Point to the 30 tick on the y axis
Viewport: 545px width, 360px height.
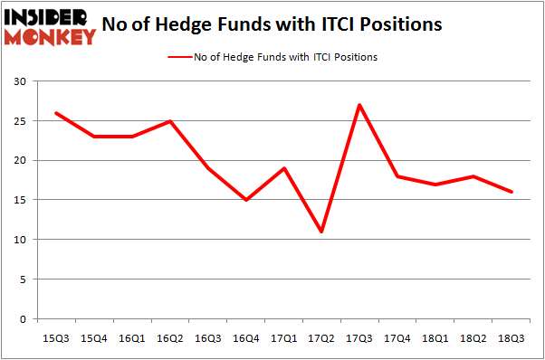coord(20,81)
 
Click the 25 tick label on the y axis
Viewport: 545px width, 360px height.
coord(20,121)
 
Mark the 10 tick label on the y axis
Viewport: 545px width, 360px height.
coord(20,240)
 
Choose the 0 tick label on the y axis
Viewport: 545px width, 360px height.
coord(24,319)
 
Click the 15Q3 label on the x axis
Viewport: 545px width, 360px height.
coord(56,337)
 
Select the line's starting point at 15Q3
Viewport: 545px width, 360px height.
coord(56,113)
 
